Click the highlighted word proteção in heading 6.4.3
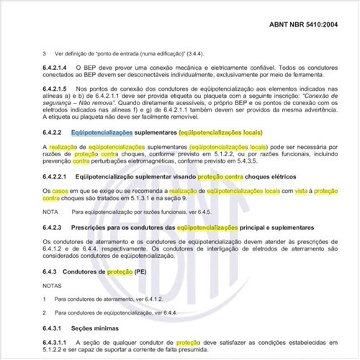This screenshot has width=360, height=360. pos(120,271)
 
